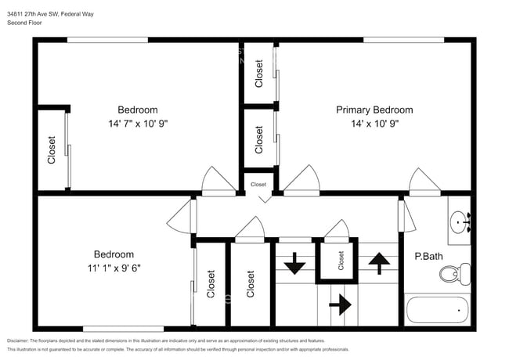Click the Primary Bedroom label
(x=374, y=110)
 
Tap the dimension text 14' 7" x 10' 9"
(x=138, y=124)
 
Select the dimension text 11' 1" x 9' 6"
(x=114, y=268)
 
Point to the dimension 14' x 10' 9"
(x=374, y=124)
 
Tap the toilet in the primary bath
(x=453, y=275)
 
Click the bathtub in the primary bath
(x=436, y=310)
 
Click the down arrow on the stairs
(x=294, y=264)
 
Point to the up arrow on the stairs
(x=378, y=264)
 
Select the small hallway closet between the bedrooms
(x=258, y=184)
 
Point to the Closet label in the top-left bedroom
(x=52, y=149)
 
